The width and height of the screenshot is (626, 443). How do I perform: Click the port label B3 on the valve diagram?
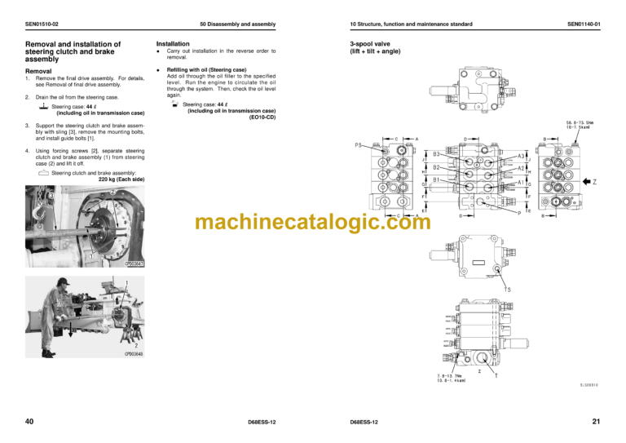[x=437, y=153]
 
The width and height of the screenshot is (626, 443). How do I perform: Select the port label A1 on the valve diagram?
[x=520, y=182]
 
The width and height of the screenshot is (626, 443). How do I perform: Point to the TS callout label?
[x=509, y=289]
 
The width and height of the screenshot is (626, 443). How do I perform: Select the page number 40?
[x=30, y=421]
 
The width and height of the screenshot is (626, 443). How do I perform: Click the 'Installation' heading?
[x=173, y=44]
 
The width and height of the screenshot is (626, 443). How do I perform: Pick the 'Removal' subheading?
[x=41, y=71]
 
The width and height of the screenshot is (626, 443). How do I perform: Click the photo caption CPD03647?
[x=135, y=264]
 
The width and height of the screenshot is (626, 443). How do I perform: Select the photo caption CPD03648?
[x=135, y=354]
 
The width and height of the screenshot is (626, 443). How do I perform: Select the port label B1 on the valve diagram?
[x=437, y=179]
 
